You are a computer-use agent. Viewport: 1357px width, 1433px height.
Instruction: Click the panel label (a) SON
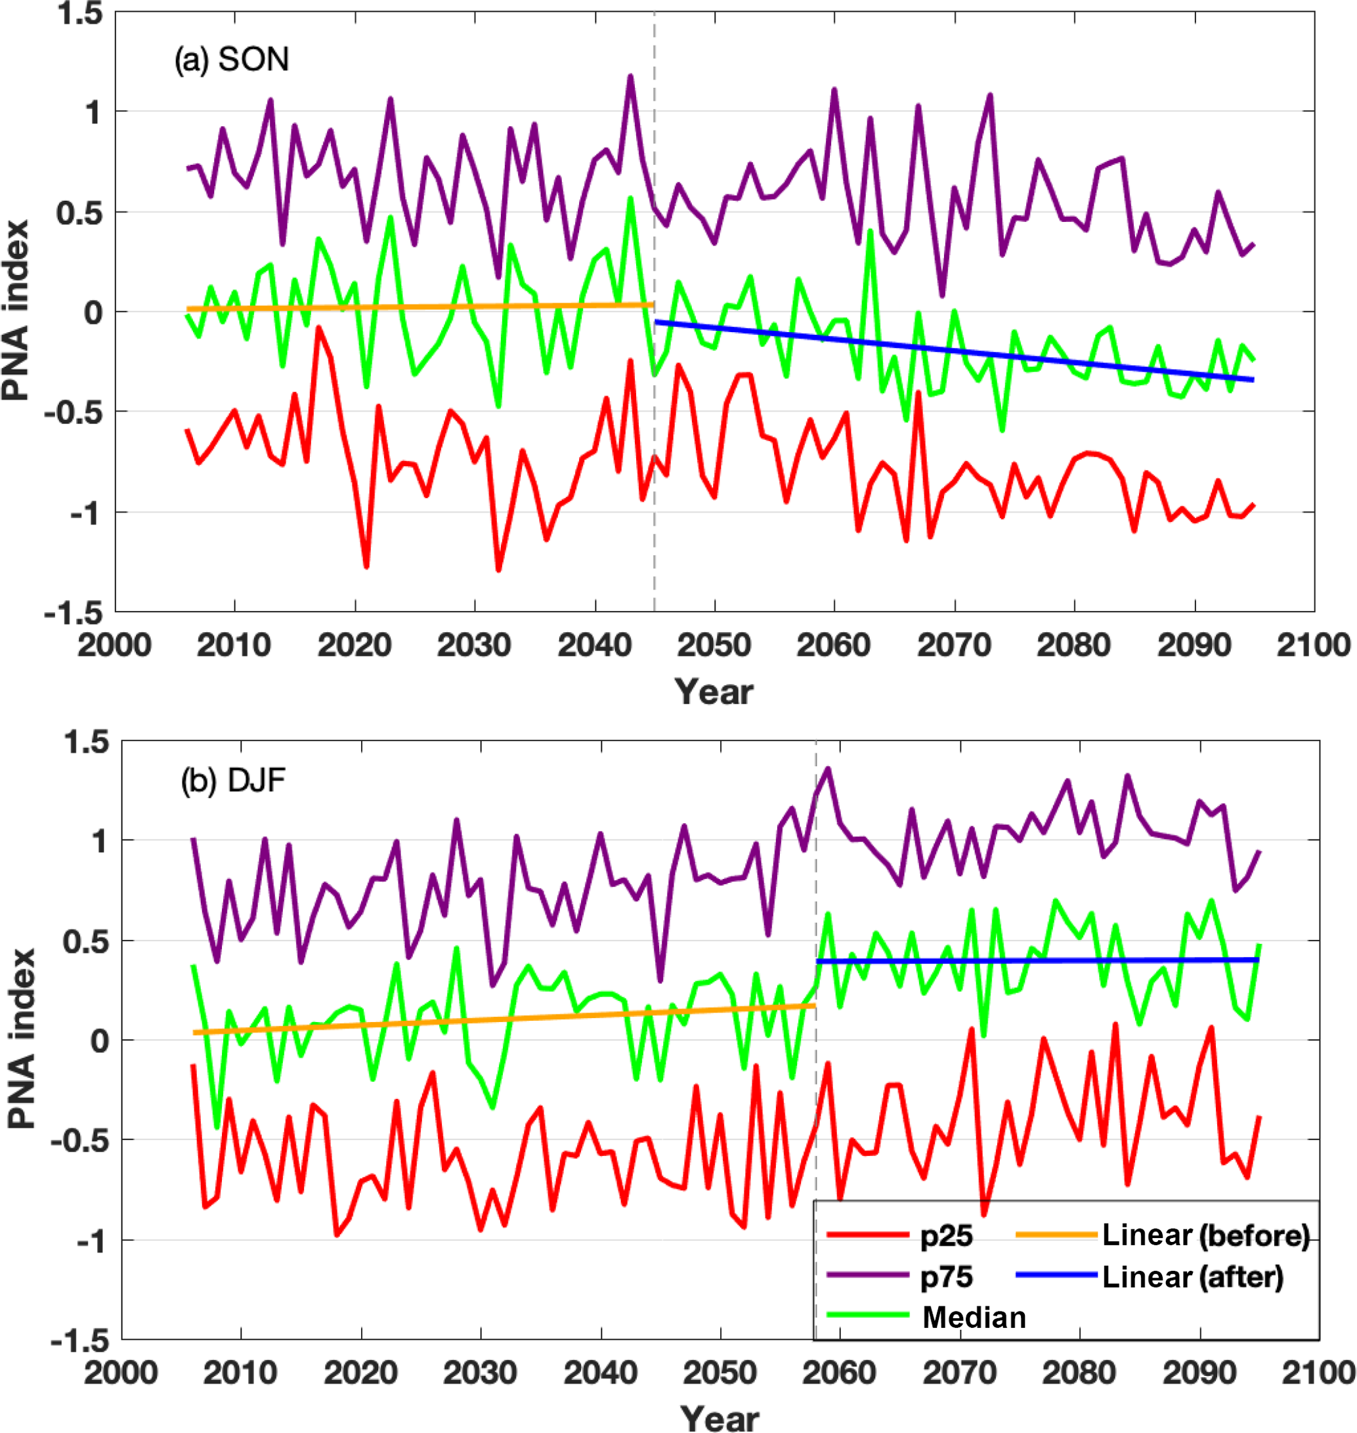[232, 59]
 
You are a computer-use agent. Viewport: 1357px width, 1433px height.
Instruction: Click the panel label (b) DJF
[233, 781]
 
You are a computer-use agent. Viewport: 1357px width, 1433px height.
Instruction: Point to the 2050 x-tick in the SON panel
[714, 645]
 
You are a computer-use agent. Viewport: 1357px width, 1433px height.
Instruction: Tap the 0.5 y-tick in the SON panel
[79, 213]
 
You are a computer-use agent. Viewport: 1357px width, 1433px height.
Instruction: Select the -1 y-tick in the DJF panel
[93, 1241]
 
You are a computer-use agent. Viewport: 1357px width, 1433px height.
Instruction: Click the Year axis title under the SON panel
[714, 693]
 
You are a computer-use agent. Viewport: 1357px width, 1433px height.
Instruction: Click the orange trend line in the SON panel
[420, 307]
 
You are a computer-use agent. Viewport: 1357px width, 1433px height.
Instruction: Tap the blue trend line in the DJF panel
[1035, 960]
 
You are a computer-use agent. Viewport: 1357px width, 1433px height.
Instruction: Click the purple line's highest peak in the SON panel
[631, 76]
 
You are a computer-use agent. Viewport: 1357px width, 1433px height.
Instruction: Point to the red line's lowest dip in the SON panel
[498, 570]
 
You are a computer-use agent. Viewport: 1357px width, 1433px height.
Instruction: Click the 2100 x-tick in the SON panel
[1313, 645]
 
